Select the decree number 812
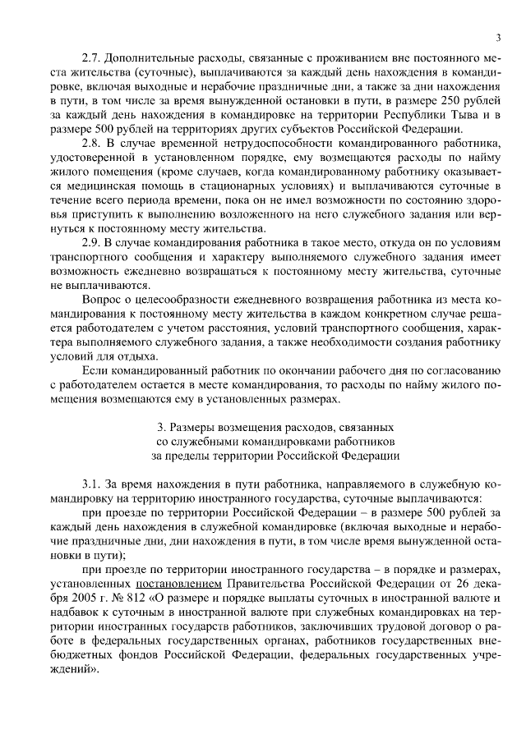click(132, 598)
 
